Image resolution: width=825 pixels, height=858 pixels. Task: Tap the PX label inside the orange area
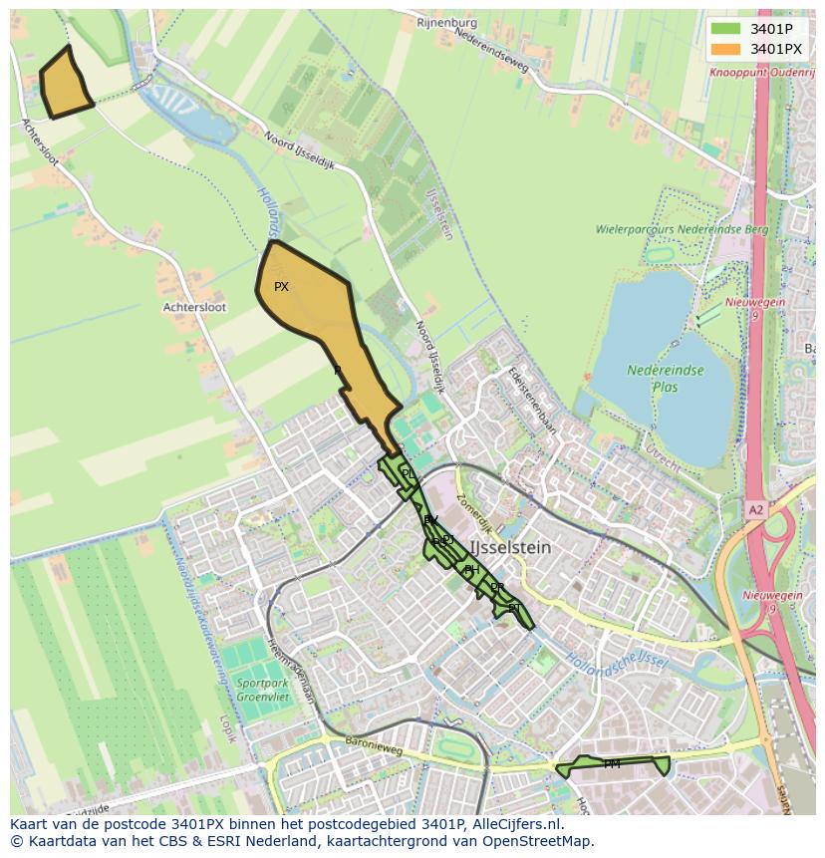click(281, 287)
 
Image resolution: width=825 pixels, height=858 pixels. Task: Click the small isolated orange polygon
click(65, 82)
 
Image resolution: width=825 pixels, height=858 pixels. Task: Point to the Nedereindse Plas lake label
click(666, 378)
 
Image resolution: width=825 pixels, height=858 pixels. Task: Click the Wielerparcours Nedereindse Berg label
click(683, 229)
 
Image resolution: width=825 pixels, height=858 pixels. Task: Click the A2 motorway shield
click(756, 509)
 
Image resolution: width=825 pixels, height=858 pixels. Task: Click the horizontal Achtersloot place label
click(194, 308)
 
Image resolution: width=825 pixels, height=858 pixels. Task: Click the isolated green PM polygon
click(613, 765)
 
